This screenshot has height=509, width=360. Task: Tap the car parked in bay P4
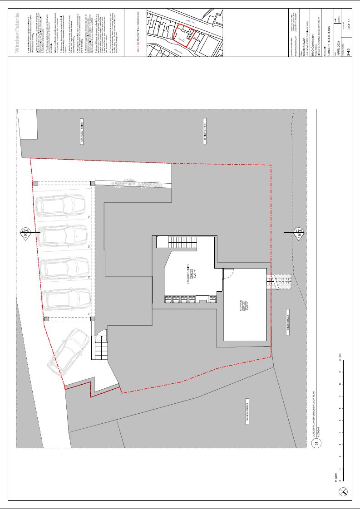click(61, 205)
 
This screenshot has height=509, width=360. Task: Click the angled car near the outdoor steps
click(68, 350)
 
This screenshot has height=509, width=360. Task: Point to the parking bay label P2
click(89, 276)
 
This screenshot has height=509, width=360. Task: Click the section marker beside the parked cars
click(25, 232)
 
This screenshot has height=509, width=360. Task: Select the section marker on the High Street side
click(299, 232)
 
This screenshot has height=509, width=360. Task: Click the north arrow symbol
click(345, 491)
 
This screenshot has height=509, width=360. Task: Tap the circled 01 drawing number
click(317, 443)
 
